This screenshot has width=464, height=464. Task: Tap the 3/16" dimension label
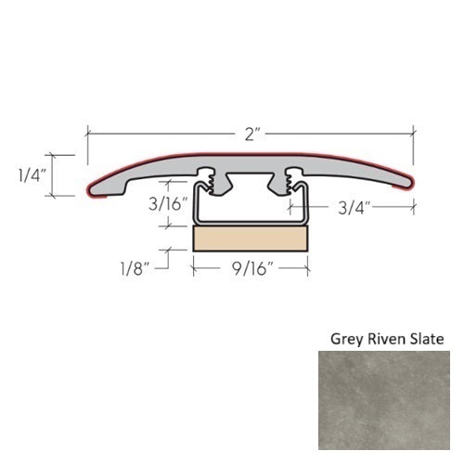[x=168, y=204]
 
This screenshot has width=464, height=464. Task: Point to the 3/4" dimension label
[x=354, y=208]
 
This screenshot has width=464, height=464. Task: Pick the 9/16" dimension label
[x=253, y=268]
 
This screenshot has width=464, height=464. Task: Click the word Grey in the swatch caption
[x=347, y=340]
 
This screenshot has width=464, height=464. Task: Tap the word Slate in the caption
[x=429, y=339]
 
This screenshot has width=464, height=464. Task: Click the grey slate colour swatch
[x=384, y=400]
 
